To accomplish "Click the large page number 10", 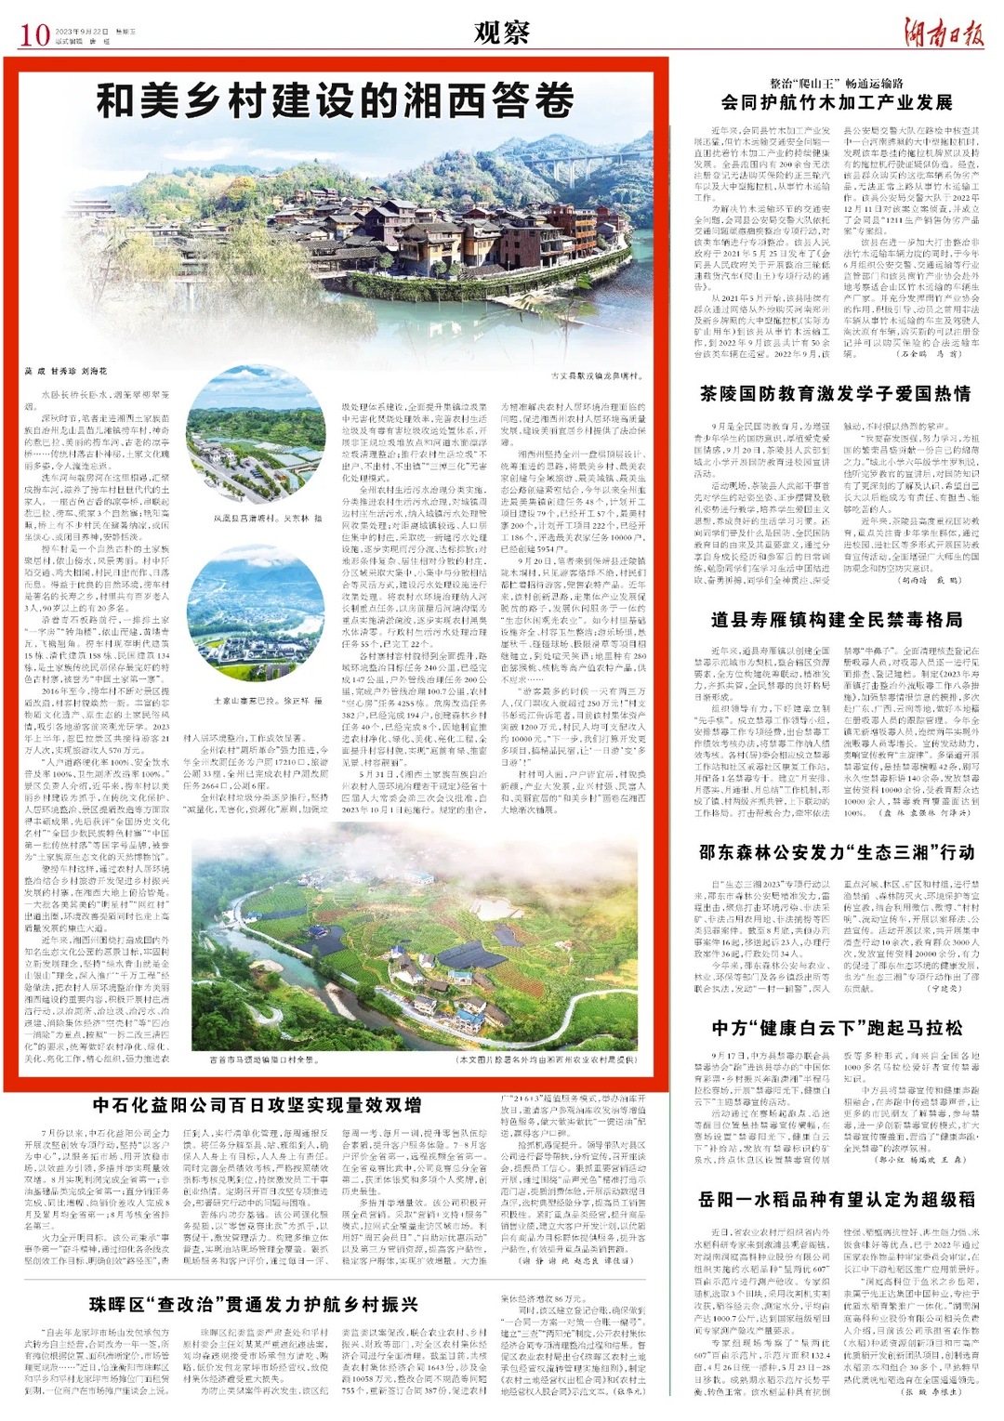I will [33, 35].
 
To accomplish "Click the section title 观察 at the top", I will [501, 33].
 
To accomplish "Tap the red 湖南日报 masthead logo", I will [944, 33].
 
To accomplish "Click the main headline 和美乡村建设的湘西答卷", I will [336, 100].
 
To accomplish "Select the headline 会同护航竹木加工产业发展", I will [837, 103].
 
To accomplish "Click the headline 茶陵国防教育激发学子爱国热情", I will [836, 394].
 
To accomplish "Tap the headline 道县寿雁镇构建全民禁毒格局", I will [836, 619].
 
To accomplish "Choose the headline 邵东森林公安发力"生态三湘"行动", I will [836, 852].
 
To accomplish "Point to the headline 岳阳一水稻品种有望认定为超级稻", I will [836, 1199].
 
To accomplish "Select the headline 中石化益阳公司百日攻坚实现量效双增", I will [257, 1106].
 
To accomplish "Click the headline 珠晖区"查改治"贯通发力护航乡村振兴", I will [254, 1305].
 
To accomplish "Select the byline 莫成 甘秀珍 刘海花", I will [66, 371].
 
